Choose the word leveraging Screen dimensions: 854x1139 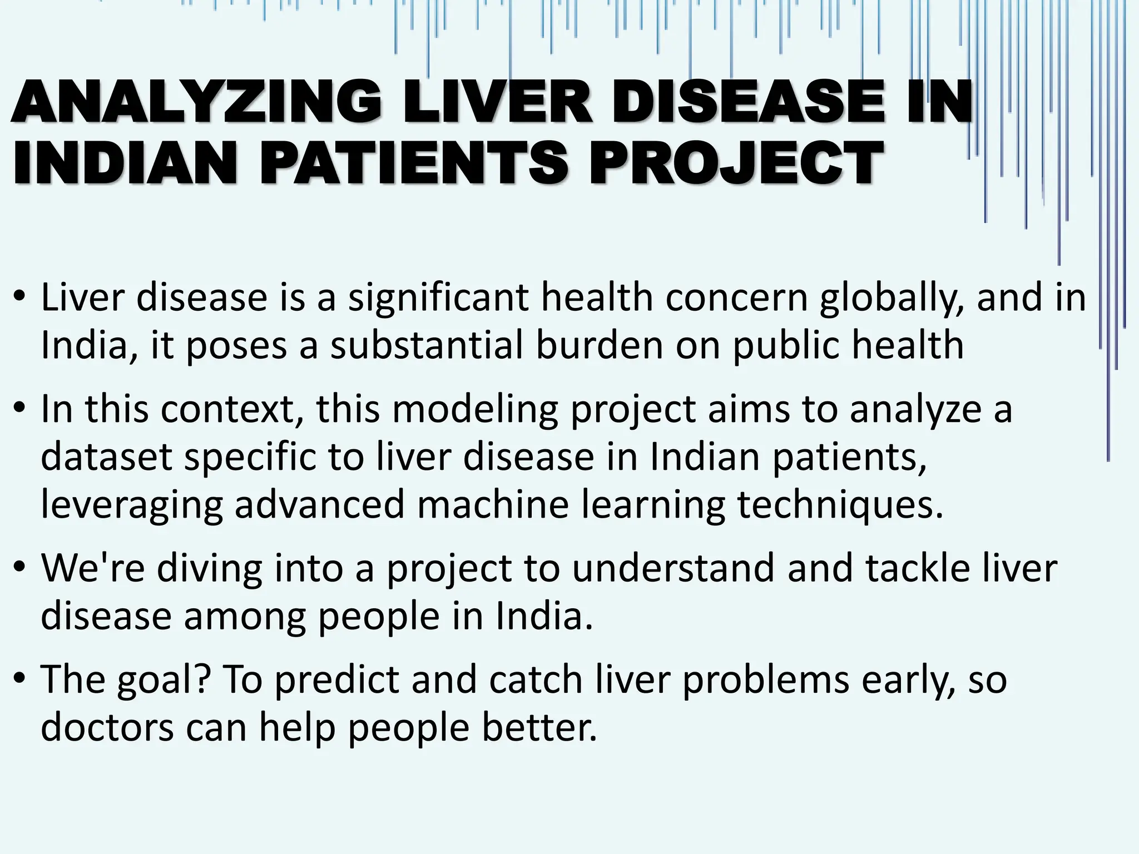pos(132,505)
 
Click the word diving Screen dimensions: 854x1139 pos(209,568)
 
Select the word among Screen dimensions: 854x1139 pos(245,616)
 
